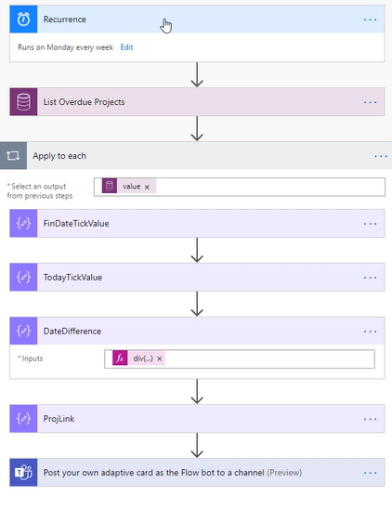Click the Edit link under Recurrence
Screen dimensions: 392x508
point(126,47)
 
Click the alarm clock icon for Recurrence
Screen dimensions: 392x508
point(23,20)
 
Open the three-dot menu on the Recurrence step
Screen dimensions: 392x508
point(370,20)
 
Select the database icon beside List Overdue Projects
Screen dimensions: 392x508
point(23,102)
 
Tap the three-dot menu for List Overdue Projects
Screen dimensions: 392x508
point(370,102)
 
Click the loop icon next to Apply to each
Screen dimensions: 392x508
point(13,156)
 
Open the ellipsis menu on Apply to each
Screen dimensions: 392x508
point(381,156)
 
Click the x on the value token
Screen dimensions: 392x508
point(147,187)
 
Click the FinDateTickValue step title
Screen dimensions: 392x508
point(76,224)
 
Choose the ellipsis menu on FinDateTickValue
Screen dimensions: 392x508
point(370,224)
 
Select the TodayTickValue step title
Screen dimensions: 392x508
point(72,278)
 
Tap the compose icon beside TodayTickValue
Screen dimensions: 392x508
point(23,277)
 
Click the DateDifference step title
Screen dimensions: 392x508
point(72,332)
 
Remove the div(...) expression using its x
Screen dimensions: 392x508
point(160,358)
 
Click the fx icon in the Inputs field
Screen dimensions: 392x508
point(120,358)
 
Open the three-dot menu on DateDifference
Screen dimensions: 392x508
point(370,332)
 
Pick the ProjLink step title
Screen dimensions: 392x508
point(59,419)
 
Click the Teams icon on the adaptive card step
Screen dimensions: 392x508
point(23,473)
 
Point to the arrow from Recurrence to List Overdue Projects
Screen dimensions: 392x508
point(197,75)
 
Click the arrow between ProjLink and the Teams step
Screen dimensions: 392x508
point(197,446)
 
